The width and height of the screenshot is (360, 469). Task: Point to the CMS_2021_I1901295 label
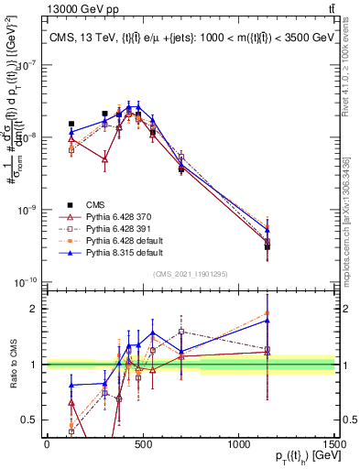pyautogui.click(x=190, y=274)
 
